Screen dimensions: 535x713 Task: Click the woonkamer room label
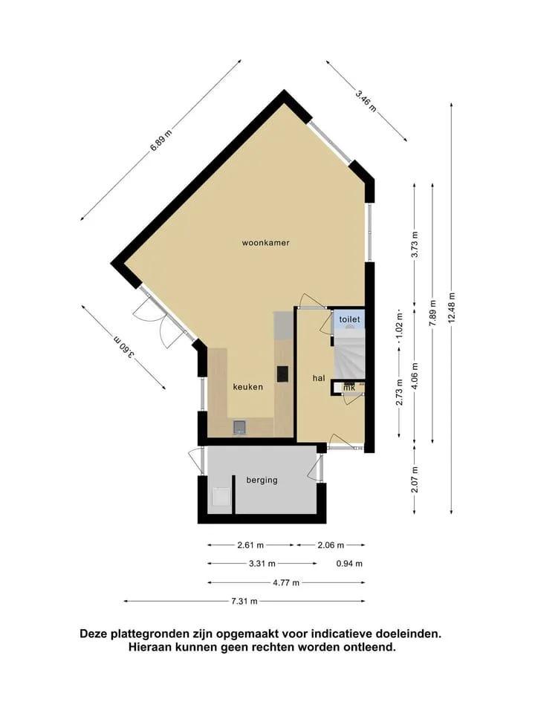click(266, 243)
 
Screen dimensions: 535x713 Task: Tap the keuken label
click(248, 387)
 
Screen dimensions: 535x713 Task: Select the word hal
click(319, 378)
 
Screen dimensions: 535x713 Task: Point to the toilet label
click(349, 319)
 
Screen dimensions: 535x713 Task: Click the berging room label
click(262, 480)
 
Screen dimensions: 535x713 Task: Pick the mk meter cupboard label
click(349, 388)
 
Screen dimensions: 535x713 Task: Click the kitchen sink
click(240, 427)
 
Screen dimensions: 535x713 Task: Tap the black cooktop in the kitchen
click(282, 374)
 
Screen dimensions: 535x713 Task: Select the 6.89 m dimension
click(161, 140)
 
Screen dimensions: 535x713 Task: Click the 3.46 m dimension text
click(366, 102)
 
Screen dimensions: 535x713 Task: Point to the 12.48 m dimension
click(452, 307)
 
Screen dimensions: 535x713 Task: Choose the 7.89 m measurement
click(432, 313)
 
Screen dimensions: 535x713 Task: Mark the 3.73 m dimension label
click(415, 244)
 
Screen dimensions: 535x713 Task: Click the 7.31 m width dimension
click(244, 601)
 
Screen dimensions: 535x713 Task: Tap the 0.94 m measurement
click(349, 564)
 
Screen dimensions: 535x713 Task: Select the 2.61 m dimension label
click(250, 544)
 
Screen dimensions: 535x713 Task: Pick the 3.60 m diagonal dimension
click(124, 348)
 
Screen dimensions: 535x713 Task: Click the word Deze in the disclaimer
click(94, 634)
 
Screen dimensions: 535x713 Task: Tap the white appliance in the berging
click(221, 496)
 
